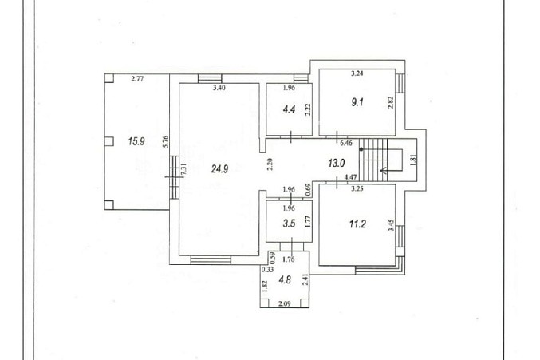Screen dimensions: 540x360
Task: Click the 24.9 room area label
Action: click(x=220, y=168)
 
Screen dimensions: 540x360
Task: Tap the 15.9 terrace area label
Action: click(x=136, y=141)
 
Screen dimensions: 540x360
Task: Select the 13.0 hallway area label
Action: click(x=337, y=163)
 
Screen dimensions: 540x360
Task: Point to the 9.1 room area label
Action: click(x=357, y=102)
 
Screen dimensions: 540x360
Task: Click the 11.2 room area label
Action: click(x=357, y=224)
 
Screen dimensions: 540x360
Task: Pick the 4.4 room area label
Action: click(x=289, y=109)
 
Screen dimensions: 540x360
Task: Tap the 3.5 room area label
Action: click(x=289, y=224)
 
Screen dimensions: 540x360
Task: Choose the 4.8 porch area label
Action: click(x=285, y=279)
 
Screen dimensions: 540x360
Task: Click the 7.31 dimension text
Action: click(x=184, y=170)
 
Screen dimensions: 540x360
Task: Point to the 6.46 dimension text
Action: click(x=346, y=143)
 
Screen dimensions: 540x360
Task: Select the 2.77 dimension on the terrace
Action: click(x=137, y=78)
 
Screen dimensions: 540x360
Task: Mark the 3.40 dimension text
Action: click(x=219, y=88)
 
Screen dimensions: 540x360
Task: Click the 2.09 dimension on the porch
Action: click(x=285, y=303)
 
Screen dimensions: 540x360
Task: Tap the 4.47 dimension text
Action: click(x=351, y=177)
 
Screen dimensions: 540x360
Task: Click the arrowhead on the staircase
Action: click(x=382, y=170)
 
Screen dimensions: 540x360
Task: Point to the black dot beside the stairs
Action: click(x=361, y=149)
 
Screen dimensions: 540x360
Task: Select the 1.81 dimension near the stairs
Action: click(x=414, y=160)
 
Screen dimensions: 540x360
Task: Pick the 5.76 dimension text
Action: click(x=165, y=142)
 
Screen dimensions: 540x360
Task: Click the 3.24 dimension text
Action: click(x=357, y=73)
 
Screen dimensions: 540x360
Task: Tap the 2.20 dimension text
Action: click(x=270, y=164)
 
